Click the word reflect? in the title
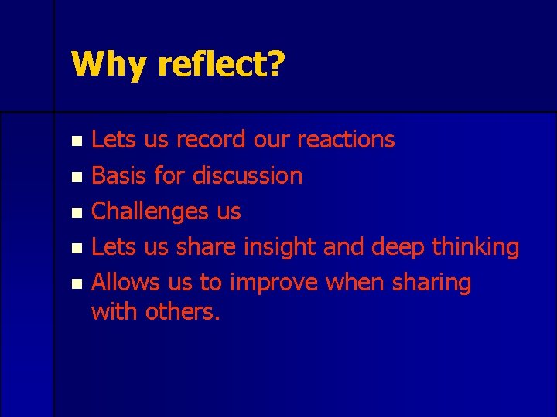tap(219, 65)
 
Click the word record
tap(211, 140)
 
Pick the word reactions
tap(346, 140)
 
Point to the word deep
tap(398, 248)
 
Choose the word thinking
tap(476, 248)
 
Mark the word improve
tap(273, 283)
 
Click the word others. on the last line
tap(184, 312)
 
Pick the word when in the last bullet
tap(351, 283)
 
